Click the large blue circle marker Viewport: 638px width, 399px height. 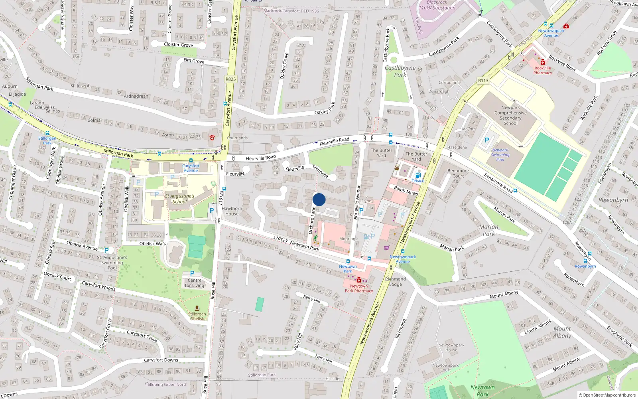pyautogui.click(x=319, y=199)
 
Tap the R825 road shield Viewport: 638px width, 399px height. pyautogui.click(x=230, y=79)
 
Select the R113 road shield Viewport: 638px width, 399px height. pyautogui.click(x=483, y=81)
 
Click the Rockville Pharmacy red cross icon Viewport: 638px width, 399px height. pyautogui.click(x=543, y=63)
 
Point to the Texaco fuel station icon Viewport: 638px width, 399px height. pyautogui.click(x=418, y=175)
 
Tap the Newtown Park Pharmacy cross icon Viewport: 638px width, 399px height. pyautogui.click(x=359, y=280)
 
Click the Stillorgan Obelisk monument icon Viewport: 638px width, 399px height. pyautogui.click(x=197, y=308)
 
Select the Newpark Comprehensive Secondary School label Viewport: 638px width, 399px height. pyautogui.click(x=510, y=115)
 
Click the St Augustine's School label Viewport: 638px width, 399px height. pyautogui.click(x=179, y=199)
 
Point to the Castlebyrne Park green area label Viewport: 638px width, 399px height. pyautogui.click(x=400, y=71)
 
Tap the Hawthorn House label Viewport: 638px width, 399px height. pyautogui.click(x=232, y=211)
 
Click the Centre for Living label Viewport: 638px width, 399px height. pyautogui.click(x=194, y=283)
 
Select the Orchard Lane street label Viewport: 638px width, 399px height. pyautogui.click(x=311, y=220)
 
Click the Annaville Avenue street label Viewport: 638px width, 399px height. pyautogui.click(x=357, y=201)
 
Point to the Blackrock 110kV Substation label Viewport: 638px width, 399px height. pyautogui.click(x=437, y=5)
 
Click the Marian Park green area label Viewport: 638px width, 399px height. pyautogui.click(x=488, y=230)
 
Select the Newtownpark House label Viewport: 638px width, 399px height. pyautogui.click(x=451, y=348)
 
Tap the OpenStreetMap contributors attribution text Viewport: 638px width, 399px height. pyautogui.click(x=608, y=395)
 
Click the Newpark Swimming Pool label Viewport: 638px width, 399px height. pyautogui.click(x=500, y=155)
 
